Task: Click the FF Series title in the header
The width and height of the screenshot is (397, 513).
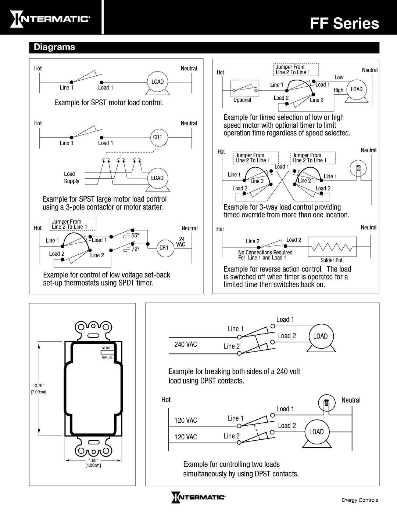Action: (x=344, y=23)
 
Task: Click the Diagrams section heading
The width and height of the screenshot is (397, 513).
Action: (x=54, y=47)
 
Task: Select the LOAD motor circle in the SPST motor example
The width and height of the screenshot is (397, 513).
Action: (x=157, y=82)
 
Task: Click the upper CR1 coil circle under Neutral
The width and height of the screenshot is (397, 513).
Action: (x=157, y=137)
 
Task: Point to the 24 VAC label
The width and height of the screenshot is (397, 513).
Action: (x=181, y=242)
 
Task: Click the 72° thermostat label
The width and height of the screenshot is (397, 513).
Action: (x=135, y=249)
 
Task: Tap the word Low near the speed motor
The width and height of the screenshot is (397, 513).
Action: (x=339, y=77)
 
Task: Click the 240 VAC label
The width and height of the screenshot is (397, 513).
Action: (x=186, y=344)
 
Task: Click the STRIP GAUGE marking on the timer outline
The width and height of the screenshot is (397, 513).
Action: (x=107, y=352)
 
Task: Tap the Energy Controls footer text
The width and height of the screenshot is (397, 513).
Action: (x=360, y=500)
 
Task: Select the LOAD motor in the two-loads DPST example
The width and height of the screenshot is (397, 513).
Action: (x=316, y=432)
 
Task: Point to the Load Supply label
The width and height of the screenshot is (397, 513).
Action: (x=71, y=178)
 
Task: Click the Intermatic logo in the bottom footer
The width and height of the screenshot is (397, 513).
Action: (x=198, y=497)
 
